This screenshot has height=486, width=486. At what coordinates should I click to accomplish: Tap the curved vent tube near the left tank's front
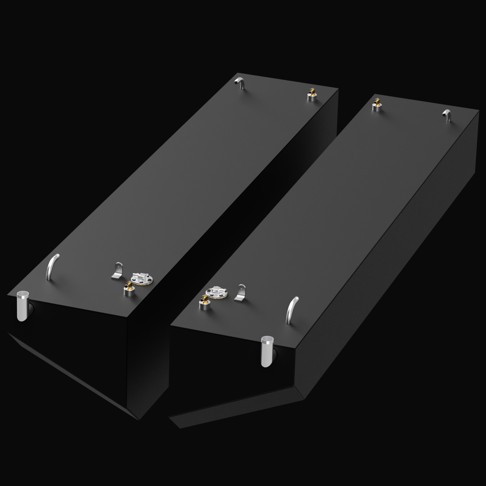tap(52, 266)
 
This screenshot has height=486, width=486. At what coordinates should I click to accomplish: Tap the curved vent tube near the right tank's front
tap(292, 310)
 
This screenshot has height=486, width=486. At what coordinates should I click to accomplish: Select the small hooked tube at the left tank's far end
tap(240, 83)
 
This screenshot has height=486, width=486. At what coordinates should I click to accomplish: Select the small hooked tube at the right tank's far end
tap(447, 115)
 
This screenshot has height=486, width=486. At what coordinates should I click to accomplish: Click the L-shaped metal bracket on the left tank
tap(117, 271)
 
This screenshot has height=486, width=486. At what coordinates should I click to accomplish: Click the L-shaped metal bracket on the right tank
tap(241, 293)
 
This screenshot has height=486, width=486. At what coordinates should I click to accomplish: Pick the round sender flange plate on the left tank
tap(141, 279)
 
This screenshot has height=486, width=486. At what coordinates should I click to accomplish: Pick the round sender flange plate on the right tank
tap(216, 292)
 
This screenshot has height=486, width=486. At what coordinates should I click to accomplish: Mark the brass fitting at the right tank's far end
tap(377, 104)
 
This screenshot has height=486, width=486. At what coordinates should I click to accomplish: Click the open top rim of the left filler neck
tap(22, 295)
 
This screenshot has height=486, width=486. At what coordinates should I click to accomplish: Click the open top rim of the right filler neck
tap(267, 339)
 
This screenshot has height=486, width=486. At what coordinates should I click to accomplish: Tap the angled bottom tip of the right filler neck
tap(267, 365)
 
